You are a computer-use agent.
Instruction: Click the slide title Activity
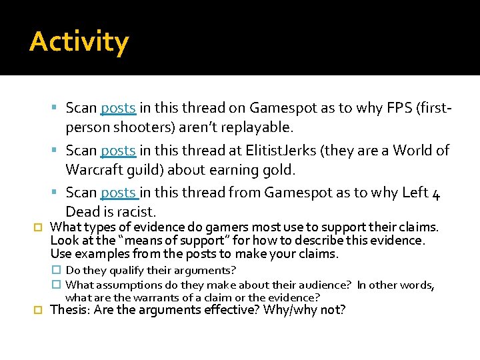point(79,42)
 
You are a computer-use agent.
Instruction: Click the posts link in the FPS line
point(118,108)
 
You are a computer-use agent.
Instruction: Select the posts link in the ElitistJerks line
point(118,151)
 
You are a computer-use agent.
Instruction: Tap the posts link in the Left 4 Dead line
point(119,193)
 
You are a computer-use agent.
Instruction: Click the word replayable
point(264,127)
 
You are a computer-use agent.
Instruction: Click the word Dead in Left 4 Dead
point(83,212)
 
